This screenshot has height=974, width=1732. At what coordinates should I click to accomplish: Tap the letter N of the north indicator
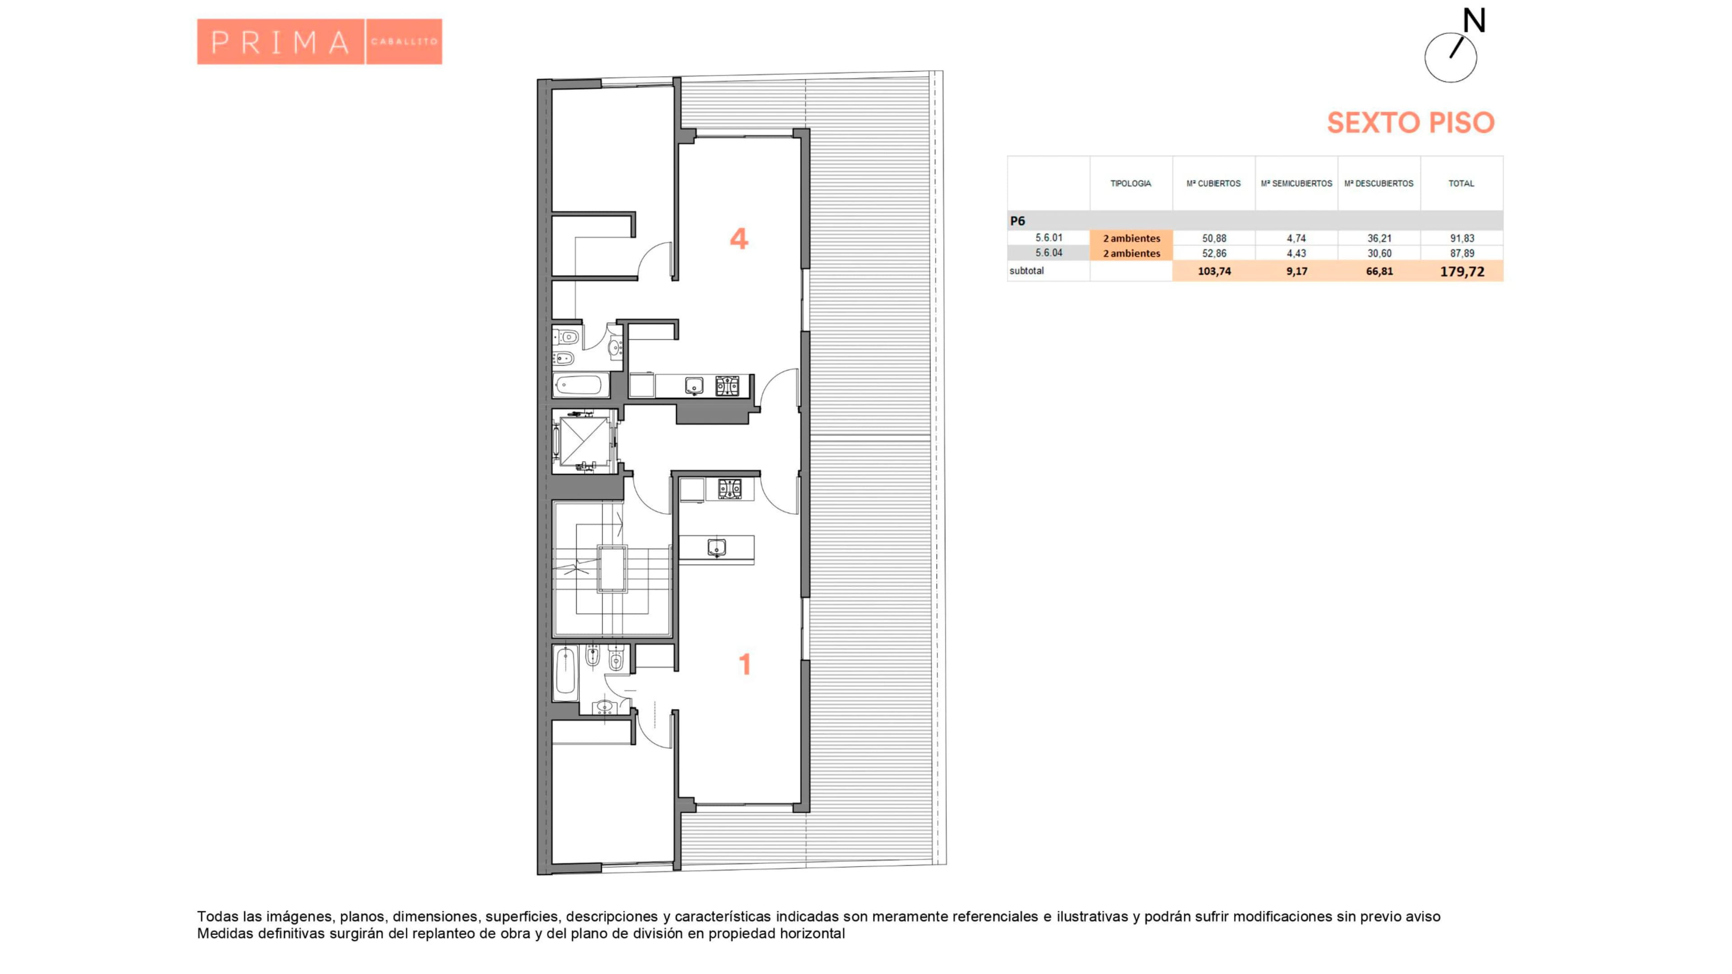point(1474,21)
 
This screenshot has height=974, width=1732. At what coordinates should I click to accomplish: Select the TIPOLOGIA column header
point(1130,184)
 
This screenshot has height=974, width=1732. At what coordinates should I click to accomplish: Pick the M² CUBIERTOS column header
point(1214,184)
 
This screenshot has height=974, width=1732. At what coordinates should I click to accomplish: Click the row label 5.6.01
point(1049,238)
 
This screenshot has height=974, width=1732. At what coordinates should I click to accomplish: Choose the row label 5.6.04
point(1049,253)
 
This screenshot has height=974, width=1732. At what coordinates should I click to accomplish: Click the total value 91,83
point(1462,238)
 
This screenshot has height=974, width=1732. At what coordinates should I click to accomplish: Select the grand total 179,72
point(1462,271)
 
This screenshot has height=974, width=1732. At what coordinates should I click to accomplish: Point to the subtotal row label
point(1027,271)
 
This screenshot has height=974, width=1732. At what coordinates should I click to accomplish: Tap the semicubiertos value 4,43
point(1296,253)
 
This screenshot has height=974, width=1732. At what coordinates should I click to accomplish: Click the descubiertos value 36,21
point(1379,238)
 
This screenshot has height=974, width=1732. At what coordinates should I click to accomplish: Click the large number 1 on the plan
point(744,664)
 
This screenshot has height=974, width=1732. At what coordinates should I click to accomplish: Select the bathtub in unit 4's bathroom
point(578,386)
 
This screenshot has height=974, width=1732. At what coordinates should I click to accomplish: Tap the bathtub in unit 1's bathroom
point(566,671)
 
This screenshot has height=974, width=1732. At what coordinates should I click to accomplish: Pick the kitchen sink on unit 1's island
point(717,548)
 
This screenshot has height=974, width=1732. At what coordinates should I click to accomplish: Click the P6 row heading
point(1017,221)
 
